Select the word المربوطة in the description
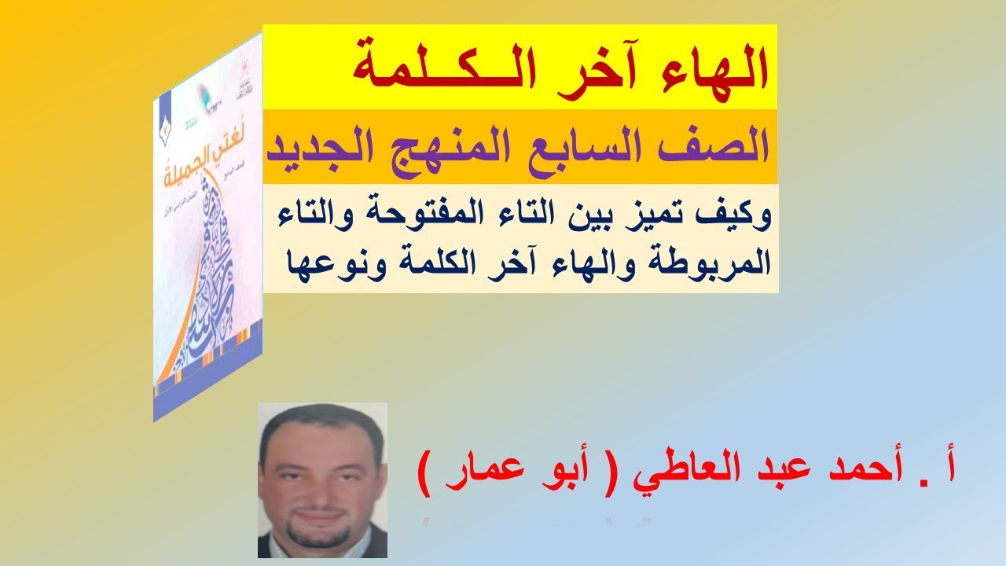click(720, 263)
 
